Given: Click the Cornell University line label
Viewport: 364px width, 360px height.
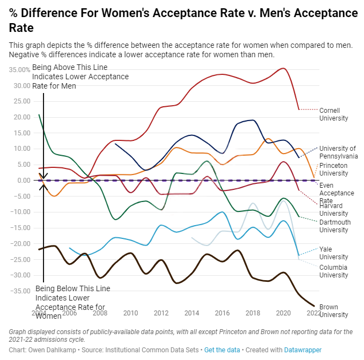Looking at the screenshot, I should [334, 114].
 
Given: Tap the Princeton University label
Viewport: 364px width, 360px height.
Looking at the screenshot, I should [334, 169].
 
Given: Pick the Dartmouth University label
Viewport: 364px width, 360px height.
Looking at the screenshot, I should [335, 226].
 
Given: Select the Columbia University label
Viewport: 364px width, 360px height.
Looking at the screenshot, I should [334, 271].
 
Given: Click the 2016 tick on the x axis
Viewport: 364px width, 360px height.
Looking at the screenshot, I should [222, 313].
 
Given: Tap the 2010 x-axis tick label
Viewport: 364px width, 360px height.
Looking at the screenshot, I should [131, 313].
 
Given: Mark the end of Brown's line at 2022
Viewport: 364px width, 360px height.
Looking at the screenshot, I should [314, 306].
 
